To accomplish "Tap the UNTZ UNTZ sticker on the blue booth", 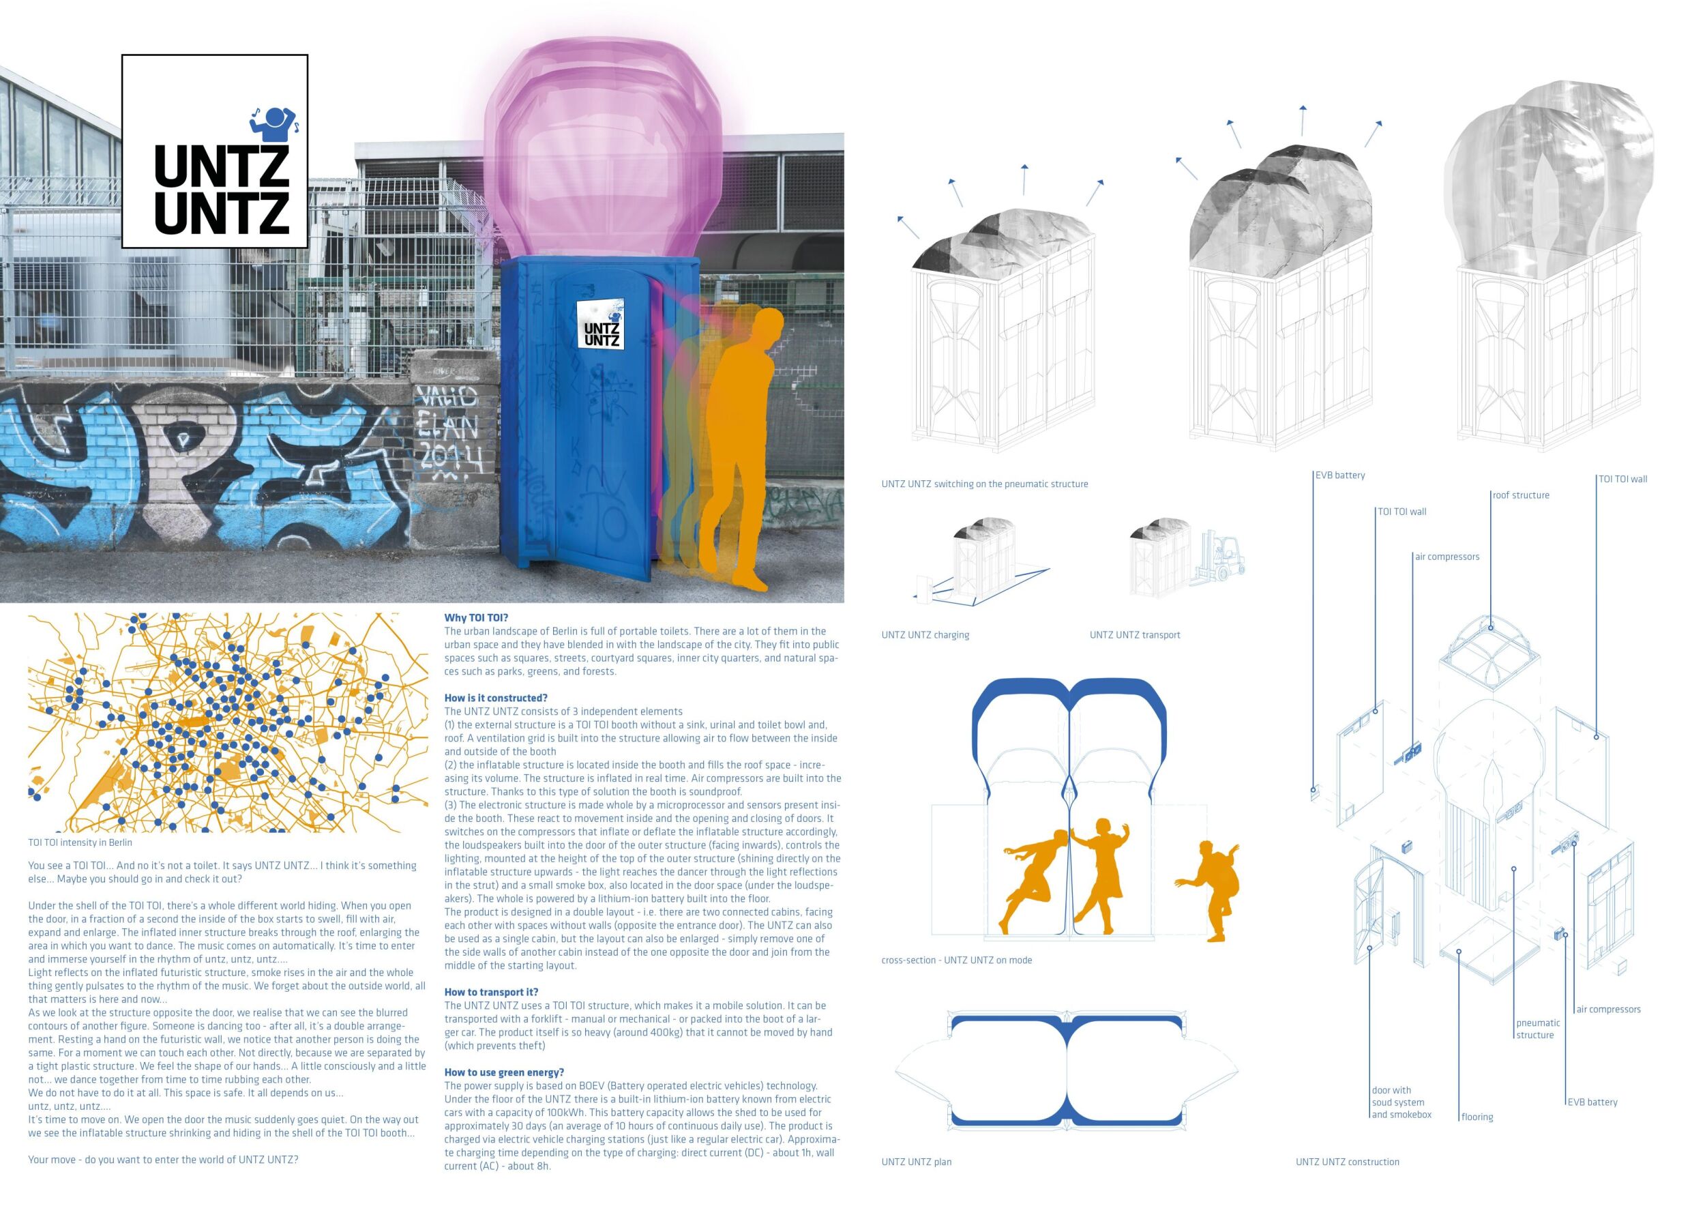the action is coord(601,325).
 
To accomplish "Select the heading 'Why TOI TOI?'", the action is coord(476,618).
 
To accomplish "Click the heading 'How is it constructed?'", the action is coord(495,698).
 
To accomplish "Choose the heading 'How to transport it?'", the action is coord(491,992).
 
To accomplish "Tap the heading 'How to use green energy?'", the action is coord(504,1072).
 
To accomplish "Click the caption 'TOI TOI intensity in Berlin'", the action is coord(80,843).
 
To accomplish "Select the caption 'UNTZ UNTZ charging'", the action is coord(925,635).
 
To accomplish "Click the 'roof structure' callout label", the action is coord(1522,495).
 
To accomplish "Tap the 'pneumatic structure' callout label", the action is coord(1538,1029).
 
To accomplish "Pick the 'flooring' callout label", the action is coord(1477,1117).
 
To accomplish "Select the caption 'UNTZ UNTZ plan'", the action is coord(917,1162).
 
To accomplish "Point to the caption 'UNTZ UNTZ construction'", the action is coord(1347,1162).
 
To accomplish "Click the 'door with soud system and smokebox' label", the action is coord(1402,1102).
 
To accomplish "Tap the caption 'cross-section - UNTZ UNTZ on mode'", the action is coord(956,960).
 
